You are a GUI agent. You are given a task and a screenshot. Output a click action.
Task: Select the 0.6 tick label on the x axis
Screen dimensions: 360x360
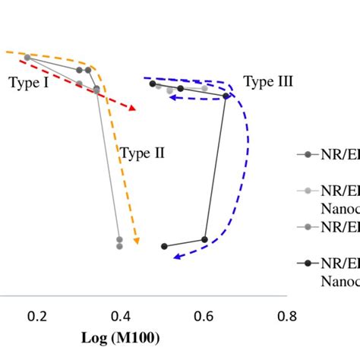click(204, 316)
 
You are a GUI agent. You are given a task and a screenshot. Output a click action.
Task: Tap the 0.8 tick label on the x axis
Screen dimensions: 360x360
click(286, 316)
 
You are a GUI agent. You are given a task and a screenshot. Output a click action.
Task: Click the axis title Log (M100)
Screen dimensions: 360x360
click(121, 336)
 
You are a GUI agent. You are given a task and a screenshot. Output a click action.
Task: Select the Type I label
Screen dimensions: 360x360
click(29, 82)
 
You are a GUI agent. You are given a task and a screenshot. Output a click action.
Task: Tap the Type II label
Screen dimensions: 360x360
click(142, 153)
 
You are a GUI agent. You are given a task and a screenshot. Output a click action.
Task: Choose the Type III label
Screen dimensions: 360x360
click(268, 81)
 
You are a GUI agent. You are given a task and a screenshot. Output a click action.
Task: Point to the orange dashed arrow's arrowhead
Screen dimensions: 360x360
click(136, 242)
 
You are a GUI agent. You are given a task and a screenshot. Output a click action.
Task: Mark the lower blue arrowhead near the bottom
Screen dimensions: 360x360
click(174, 257)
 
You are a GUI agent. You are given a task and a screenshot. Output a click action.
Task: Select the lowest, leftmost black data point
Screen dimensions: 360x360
click(164, 246)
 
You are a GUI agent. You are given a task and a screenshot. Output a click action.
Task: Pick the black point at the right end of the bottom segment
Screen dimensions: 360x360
click(204, 239)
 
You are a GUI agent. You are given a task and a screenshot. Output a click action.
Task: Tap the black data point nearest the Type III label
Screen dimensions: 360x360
click(226, 96)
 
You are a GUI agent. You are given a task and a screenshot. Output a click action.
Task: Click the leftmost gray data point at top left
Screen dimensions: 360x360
click(27, 57)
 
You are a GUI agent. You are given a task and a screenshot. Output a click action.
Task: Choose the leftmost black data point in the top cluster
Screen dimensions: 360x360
click(152, 84)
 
